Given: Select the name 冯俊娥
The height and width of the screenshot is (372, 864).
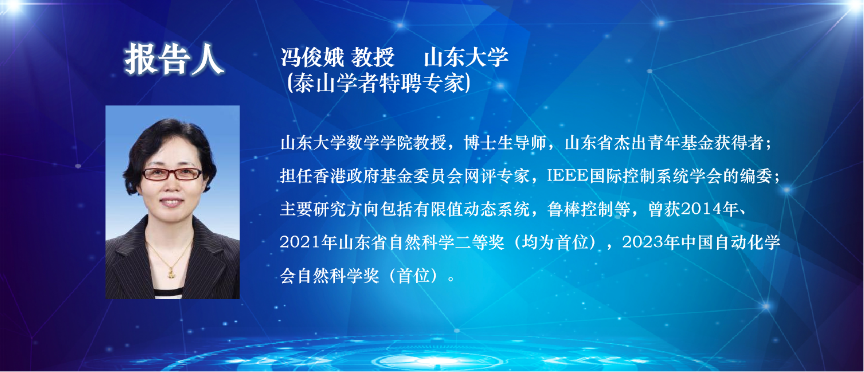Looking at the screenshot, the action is (x=312, y=58).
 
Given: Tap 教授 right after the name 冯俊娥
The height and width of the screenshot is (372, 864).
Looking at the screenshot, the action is (x=373, y=58).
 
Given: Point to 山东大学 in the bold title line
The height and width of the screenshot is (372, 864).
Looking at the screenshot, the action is (x=466, y=58).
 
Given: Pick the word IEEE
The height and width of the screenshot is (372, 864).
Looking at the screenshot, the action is (x=568, y=176).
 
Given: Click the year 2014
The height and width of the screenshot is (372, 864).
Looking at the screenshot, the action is (x=701, y=209).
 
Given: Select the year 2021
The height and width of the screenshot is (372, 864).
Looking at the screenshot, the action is (x=300, y=242).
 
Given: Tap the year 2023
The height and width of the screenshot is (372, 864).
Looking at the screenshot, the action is (x=643, y=242).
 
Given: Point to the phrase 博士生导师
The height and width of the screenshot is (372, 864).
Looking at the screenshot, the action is (x=505, y=143).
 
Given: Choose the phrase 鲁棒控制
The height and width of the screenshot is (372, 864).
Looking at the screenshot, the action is (x=581, y=209).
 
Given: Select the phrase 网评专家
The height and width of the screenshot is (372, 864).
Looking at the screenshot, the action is (x=496, y=176).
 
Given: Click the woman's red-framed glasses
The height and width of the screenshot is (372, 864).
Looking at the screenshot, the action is (x=172, y=174).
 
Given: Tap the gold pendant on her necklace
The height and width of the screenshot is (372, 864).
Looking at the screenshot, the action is (x=171, y=273).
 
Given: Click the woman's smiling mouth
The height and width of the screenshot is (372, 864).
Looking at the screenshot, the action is (x=171, y=202).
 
